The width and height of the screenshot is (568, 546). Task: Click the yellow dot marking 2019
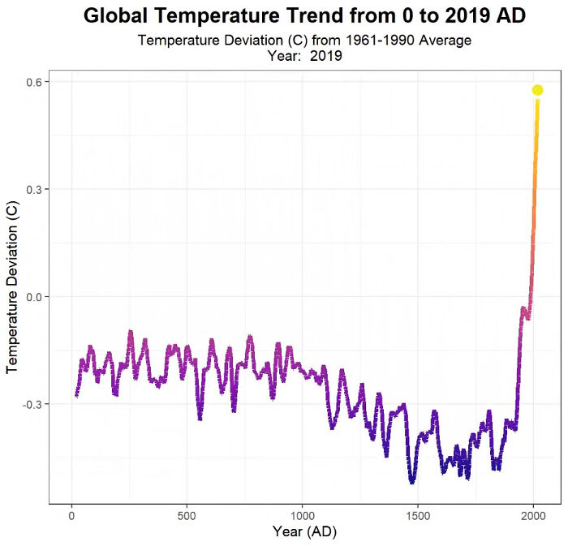tap(537, 90)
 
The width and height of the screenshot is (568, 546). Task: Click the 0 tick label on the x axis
tap(72, 515)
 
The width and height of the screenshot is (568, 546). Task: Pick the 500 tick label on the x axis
tap(187, 515)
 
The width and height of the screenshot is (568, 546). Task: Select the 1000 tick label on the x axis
tap(302, 515)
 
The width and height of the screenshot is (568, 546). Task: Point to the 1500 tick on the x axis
tap(417, 515)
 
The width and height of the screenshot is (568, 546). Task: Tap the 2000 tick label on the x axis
tap(533, 515)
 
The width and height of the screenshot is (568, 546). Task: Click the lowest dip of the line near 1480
tap(412, 482)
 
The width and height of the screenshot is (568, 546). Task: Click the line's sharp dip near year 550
tap(200, 417)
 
